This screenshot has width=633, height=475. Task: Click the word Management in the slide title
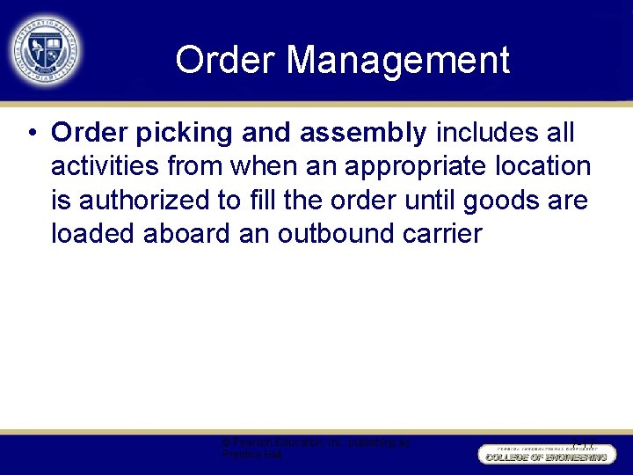pos(398,61)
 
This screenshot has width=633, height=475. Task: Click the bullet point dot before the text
pos(31,134)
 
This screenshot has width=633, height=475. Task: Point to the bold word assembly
pos(363,133)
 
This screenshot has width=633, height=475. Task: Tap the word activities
pos(107,166)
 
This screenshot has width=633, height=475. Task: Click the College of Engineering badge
pos(544,454)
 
